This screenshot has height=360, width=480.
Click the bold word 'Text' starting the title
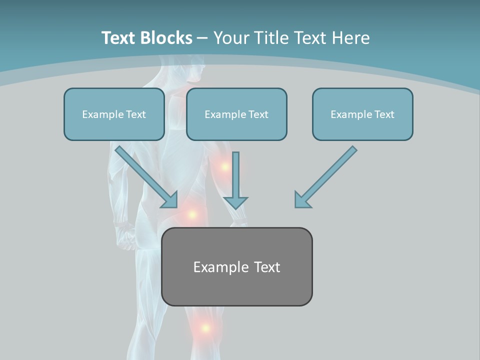[120, 38]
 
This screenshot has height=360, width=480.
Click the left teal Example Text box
[114, 114]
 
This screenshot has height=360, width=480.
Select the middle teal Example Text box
[236, 114]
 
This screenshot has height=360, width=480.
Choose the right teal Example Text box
[362, 114]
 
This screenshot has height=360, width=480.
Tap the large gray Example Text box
[236, 267]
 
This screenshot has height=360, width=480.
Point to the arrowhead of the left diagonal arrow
[171, 201]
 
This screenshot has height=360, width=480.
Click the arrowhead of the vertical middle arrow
[235, 202]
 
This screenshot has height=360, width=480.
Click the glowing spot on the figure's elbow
[224, 166]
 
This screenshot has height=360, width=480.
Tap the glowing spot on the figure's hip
[191, 214]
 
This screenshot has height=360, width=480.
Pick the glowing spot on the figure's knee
[205, 328]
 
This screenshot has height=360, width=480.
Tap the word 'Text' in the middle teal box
[257, 114]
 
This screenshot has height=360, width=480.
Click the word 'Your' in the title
[232, 38]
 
